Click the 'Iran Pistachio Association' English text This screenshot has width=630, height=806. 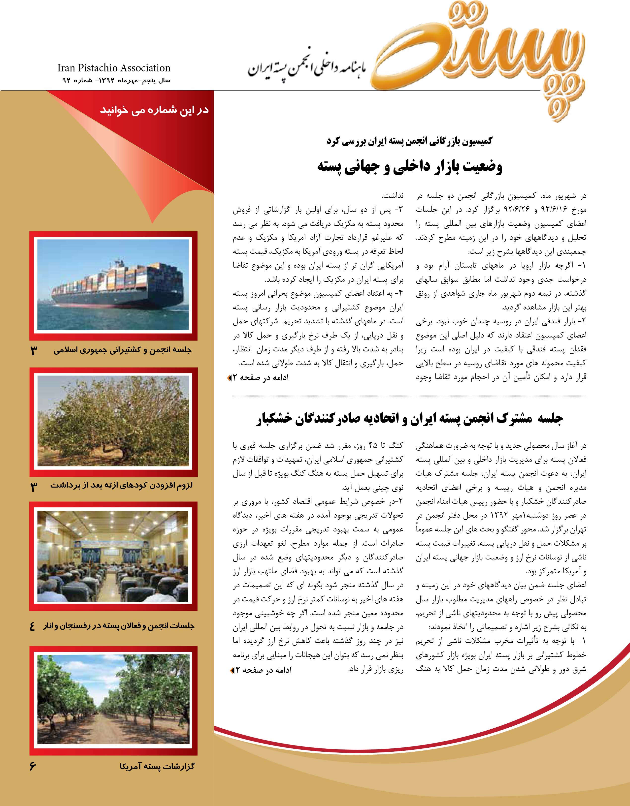tap(114, 68)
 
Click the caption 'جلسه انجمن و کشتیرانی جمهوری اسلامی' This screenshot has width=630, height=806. tap(123, 351)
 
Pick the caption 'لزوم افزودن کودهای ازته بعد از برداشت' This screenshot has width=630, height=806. tap(122, 486)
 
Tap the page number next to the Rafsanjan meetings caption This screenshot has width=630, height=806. tap(33, 626)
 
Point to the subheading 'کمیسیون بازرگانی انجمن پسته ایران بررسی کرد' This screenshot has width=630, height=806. tap(409, 142)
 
